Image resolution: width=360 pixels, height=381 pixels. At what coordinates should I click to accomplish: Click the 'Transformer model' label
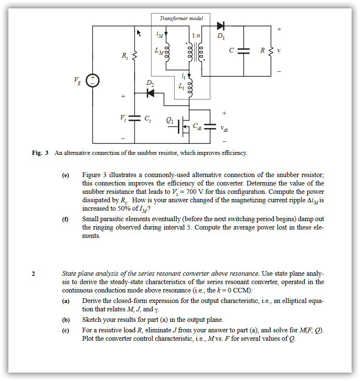pos(181,18)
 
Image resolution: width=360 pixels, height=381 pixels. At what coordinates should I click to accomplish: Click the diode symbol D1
pos(221,26)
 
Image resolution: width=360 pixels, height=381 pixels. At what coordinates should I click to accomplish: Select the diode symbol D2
pos(150,93)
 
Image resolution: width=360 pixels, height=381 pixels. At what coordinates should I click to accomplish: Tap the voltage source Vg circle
pos(92,80)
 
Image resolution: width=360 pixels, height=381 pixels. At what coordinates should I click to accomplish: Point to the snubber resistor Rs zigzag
pos(135,56)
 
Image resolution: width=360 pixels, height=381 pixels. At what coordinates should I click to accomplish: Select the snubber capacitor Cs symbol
pos(134,119)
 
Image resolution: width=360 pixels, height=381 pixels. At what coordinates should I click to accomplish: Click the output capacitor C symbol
pos(243,51)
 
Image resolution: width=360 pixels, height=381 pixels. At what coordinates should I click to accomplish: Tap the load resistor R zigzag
pos(271,51)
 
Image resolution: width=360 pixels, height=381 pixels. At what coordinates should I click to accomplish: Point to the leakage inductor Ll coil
pos(190,89)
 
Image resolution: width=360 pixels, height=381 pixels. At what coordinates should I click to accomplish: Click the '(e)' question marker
pos(65,175)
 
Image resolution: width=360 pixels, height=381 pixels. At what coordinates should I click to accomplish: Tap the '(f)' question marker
pos(65,219)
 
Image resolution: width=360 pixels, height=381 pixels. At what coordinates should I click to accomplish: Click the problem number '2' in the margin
pos(34,274)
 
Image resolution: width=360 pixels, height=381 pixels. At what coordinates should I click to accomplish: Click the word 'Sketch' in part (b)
pos(92,320)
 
